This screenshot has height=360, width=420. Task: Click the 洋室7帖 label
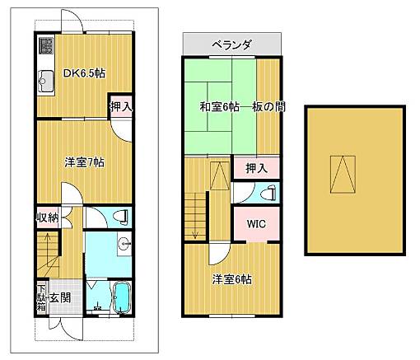[85, 162]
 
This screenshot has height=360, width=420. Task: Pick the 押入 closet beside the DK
[120, 107]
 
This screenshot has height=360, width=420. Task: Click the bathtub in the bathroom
[121, 297]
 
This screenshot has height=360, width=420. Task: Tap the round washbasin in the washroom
[124, 243]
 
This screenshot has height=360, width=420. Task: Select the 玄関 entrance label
[59, 298]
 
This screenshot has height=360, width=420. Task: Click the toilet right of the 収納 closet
[120, 217]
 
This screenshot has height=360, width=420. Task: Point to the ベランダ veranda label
[231, 43]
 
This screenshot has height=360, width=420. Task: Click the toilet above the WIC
[265, 194]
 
